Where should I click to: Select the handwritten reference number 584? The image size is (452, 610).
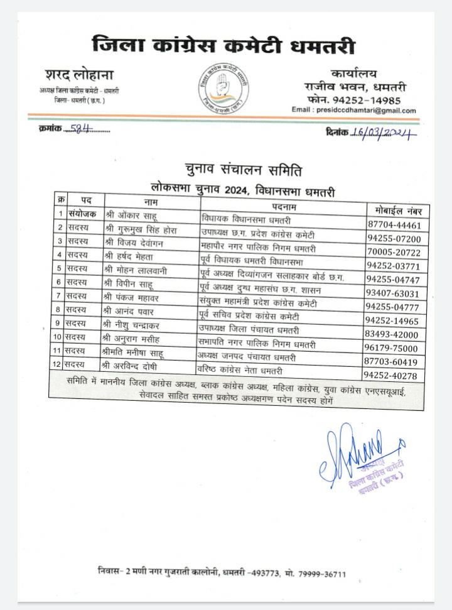(x=81, y=129)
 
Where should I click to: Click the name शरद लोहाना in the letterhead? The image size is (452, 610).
(x=79, y=75)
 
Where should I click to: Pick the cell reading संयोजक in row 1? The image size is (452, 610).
(x=82, y=214)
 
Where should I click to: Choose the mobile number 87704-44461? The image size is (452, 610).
(x=394, y=226)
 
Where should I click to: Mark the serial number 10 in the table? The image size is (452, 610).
(x=58, y=336)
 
